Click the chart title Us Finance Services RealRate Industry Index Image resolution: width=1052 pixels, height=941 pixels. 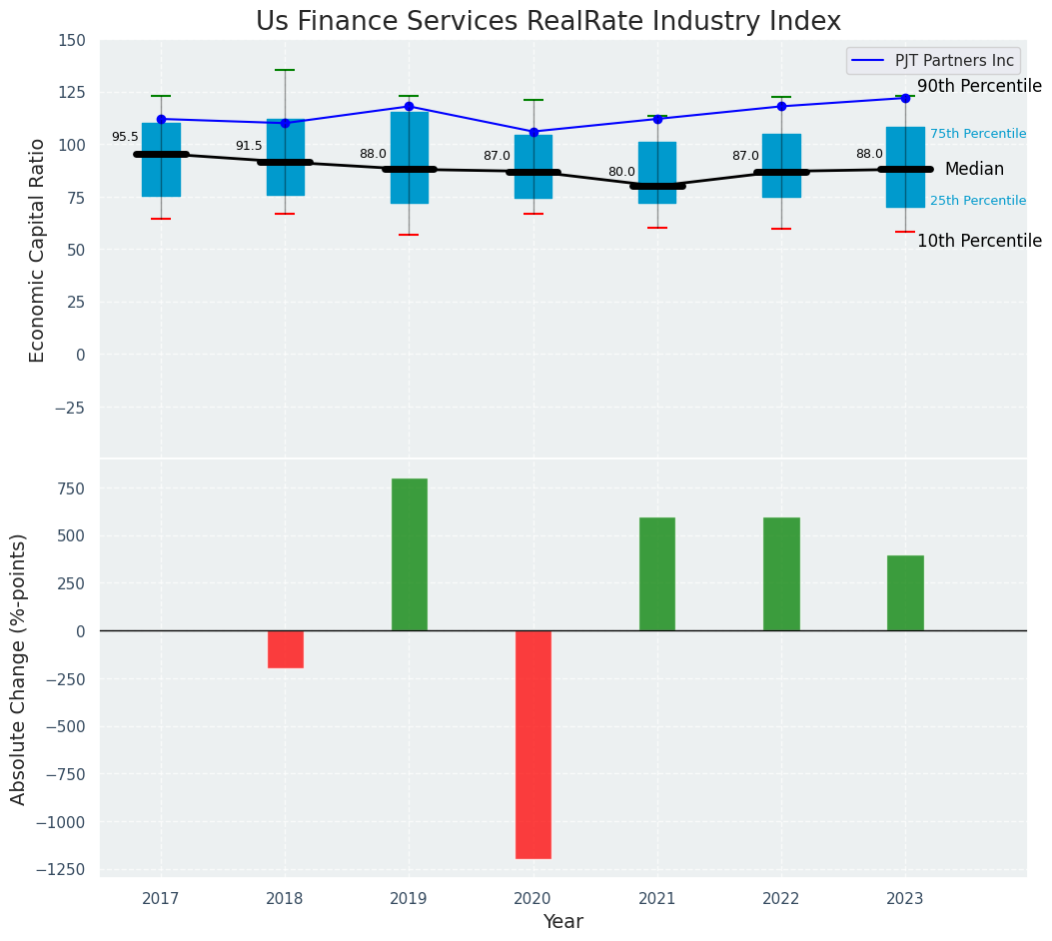click(547, 22)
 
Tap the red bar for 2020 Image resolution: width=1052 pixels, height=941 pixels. click(533, 744)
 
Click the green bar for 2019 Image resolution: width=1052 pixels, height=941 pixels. click(409, 554)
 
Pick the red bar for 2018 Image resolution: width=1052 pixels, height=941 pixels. click(285, 648)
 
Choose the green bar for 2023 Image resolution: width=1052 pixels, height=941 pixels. click(905, 592)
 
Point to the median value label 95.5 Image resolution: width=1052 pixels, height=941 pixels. click(125, 138)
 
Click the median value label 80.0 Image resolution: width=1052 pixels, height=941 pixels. click(621, 172)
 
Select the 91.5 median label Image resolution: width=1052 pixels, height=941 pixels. click(249, 146)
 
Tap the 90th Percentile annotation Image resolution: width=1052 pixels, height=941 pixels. click(979, 87)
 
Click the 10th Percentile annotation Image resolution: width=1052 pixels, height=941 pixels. click(979, 241)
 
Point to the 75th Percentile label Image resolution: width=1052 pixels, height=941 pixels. click(978, 134)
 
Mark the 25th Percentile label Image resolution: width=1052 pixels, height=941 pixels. click(978, 201)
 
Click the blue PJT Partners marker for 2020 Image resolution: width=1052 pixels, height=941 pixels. click(533, 132)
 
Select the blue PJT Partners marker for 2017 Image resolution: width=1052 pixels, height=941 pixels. click(161, 119)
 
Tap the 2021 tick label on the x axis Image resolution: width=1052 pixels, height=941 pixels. click(657, 899)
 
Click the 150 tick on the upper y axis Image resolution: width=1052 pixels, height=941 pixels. click(72, 40)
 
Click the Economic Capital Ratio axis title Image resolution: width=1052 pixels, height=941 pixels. click(38, 250)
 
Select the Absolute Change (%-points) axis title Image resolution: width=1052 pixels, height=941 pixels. click(19, 668)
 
